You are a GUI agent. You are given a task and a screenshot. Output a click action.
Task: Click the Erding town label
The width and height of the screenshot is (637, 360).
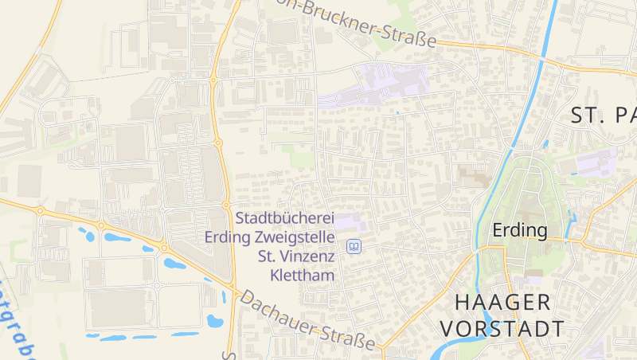520,230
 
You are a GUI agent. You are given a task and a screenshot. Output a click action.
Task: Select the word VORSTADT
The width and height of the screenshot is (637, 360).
502,328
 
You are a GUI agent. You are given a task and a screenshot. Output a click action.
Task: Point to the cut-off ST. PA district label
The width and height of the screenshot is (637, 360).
604,115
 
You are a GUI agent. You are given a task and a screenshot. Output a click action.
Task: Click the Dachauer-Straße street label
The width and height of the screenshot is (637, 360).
307,322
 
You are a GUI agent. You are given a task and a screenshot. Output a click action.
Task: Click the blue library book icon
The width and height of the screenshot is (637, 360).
354,247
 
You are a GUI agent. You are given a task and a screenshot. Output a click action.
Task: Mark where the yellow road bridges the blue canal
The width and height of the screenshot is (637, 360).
544,57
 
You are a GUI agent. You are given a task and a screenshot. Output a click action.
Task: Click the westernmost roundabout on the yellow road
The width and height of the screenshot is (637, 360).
40,211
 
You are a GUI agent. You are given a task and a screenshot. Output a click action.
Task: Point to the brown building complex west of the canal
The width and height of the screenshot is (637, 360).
474,177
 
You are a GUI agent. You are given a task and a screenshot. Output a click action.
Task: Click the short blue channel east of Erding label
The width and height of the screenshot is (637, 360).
570,226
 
